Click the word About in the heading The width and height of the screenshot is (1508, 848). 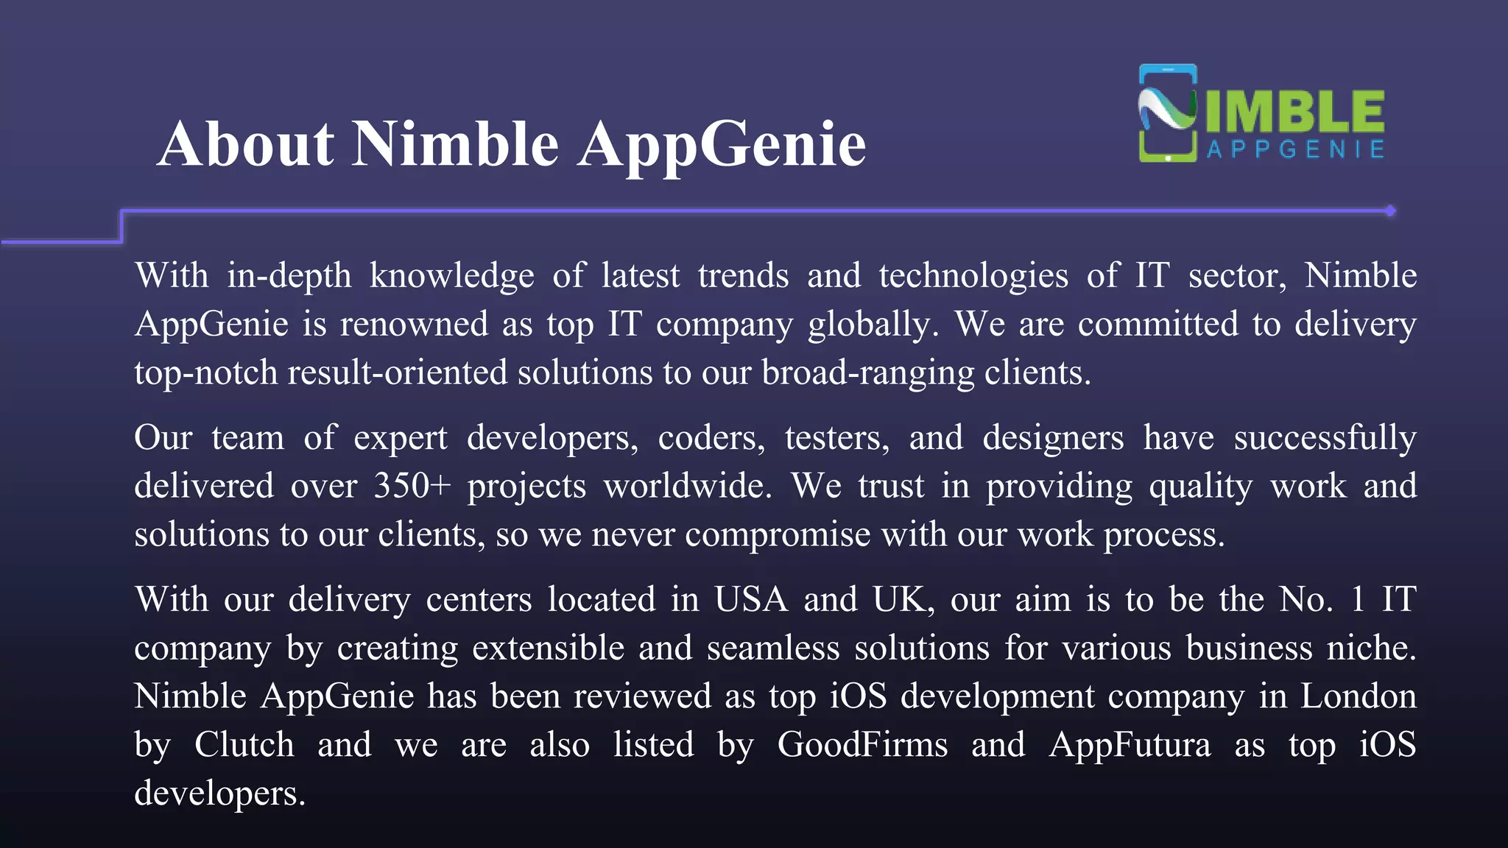246,144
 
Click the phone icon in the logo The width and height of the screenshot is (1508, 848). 1168,113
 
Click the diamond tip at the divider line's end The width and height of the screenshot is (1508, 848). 1390,211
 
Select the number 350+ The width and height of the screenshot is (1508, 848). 412,486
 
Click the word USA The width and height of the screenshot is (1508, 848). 750,599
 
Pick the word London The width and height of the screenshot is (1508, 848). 1358,696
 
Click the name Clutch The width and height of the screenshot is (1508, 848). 244,745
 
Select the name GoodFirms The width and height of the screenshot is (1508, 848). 862,745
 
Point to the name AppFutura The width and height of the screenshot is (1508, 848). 1130,745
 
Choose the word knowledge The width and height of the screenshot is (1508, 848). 451,277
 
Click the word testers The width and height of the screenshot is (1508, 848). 836,438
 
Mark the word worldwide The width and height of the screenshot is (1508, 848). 687,486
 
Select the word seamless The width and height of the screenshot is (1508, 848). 773,648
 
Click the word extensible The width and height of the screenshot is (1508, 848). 549,648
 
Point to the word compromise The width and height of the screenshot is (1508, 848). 778,535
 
